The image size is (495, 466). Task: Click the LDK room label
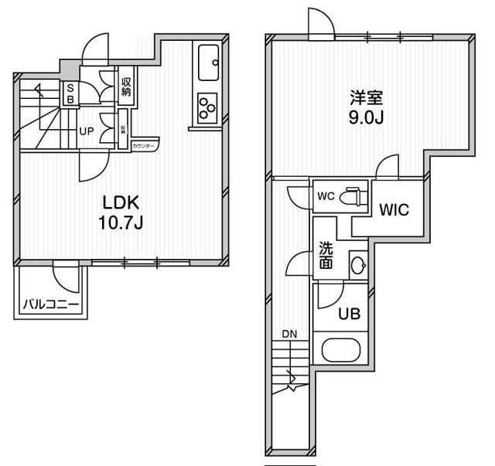point(121,203)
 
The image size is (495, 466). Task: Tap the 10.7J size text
point(121,223)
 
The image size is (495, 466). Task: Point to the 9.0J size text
point(367,121)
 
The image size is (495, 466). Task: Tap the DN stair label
point(289,334)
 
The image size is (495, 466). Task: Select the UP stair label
point(87,131)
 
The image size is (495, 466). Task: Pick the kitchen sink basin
point(209,63)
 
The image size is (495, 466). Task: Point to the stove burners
point(207,107)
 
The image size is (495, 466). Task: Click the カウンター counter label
point(144,146)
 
